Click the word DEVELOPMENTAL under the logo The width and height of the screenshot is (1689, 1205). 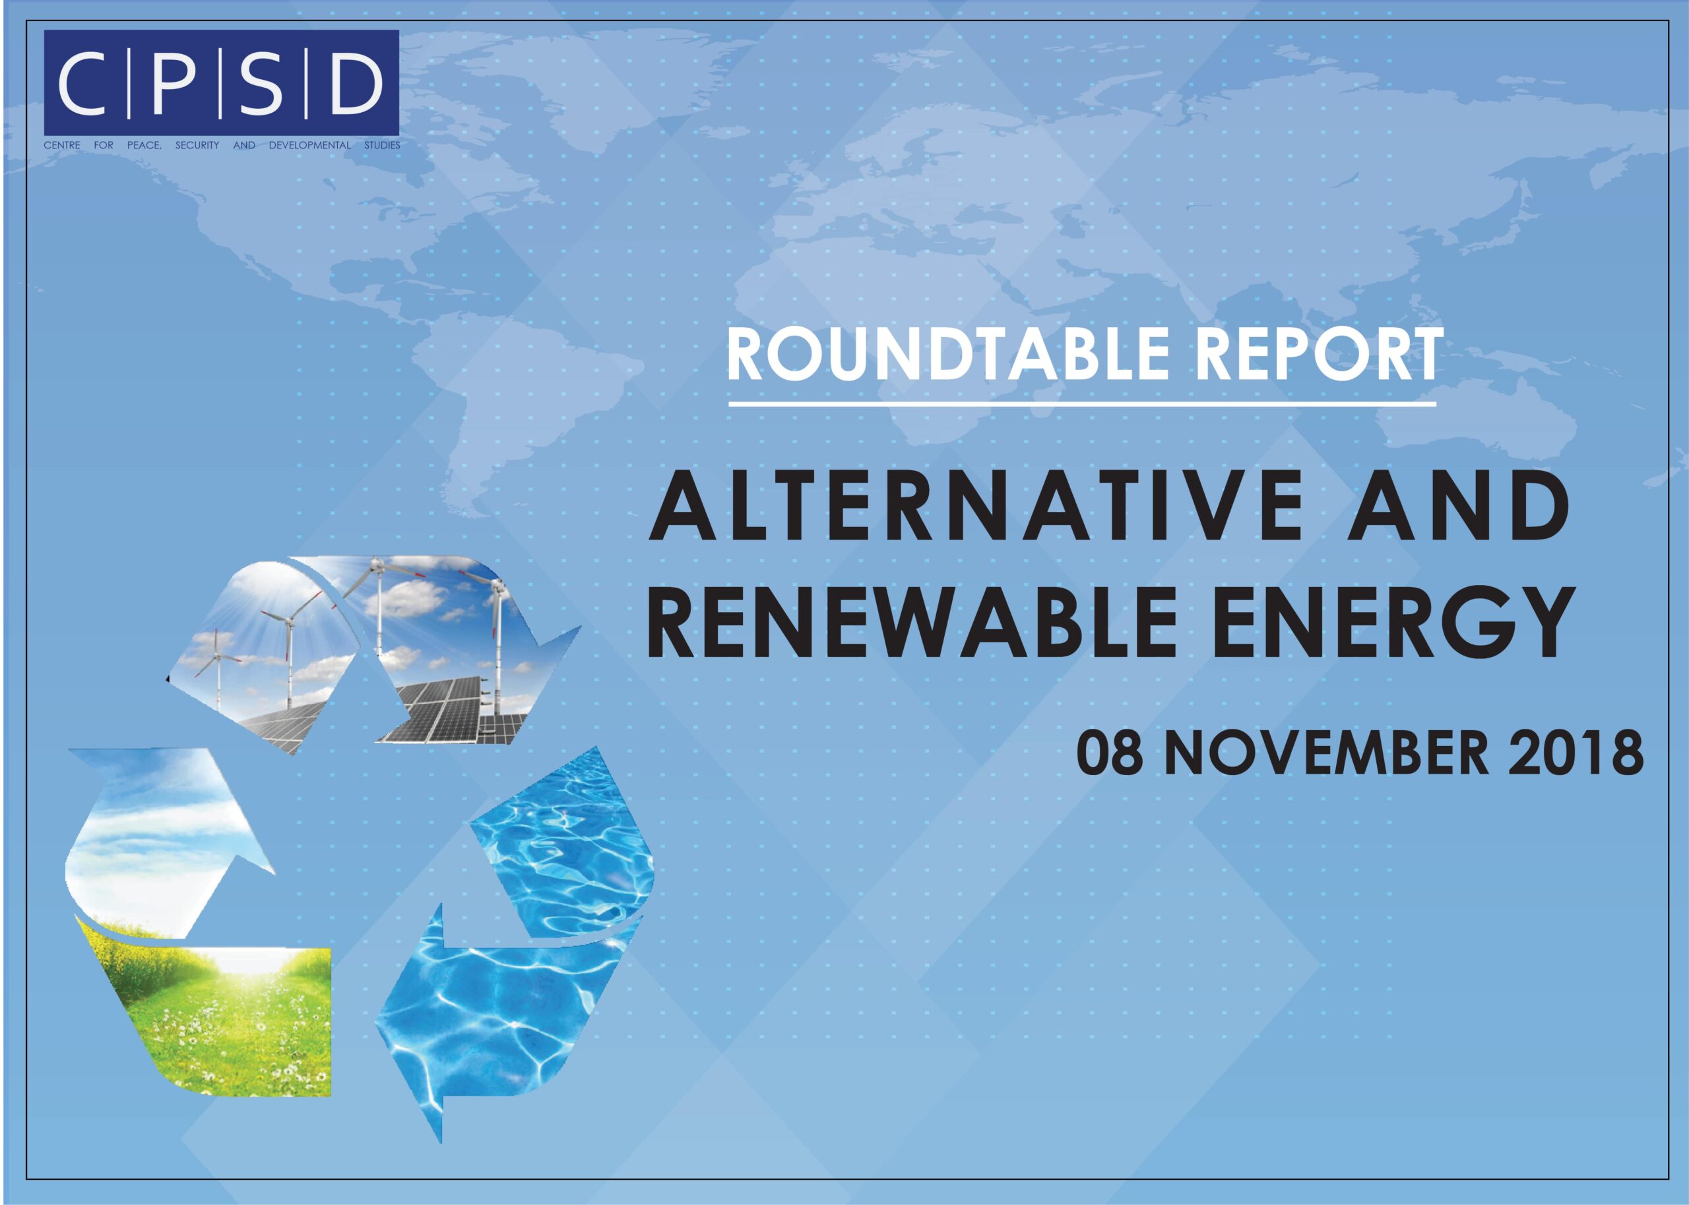309,145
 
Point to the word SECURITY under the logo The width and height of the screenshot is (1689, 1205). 197,145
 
